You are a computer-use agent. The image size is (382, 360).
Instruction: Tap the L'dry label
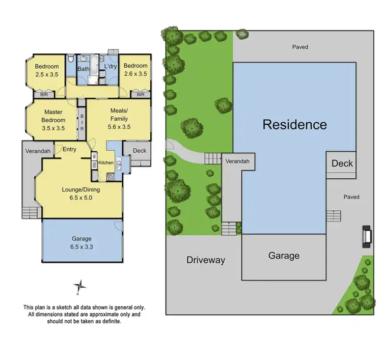(x=111, y=67)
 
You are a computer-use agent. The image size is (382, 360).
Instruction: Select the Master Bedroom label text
(x=53, y=120)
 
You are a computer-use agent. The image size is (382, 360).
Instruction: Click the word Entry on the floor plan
(x=69, y=149)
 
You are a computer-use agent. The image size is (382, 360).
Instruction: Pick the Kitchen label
(x=106, y=162)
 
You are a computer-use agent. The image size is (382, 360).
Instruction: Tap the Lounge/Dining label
(x=80, y=190)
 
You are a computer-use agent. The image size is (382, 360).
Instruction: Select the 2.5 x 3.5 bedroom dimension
(x=47, y=74)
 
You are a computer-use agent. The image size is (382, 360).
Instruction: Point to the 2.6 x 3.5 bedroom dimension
(x=135, y=74)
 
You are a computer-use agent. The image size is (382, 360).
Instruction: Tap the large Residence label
(x=294, y=124)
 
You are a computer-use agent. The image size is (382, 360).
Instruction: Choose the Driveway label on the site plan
(x=205, y=260)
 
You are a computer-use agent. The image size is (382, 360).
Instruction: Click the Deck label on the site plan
(x=342, y=163)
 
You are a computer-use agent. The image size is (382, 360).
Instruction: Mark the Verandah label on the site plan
(x=238, y=161)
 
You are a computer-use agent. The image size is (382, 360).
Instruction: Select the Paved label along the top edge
(x=300, y=47)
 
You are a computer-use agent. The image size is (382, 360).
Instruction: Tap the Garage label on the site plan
(x=284, y=256)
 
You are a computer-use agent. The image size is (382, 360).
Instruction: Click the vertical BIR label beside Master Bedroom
(x=81, y=123)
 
